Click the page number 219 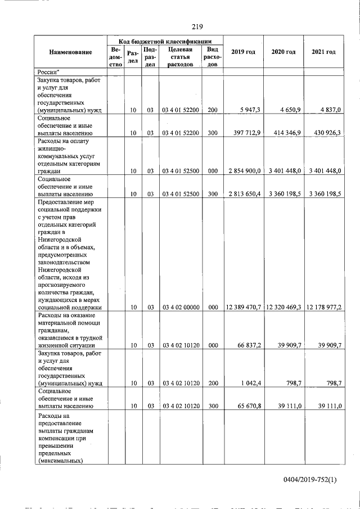click(x=196, y=27)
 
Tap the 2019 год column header click(x=243, y=52)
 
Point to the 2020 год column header click(x=283, y=52)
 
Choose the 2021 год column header click(x=323, y=52)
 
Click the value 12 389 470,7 click(x=243, y=308)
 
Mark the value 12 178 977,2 click(x=324, y=308)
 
